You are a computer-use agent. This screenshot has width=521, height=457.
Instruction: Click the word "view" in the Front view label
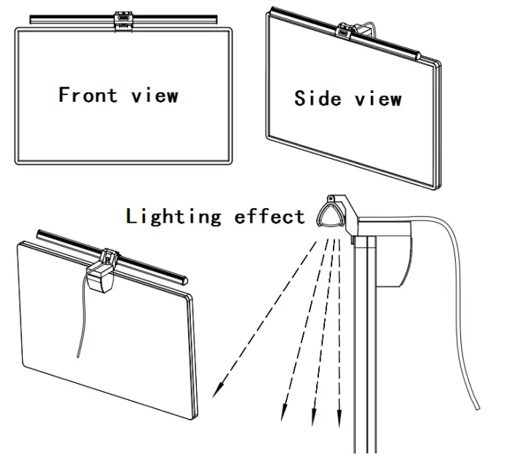(x=155, y=95)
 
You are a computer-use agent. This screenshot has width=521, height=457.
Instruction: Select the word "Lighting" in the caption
(x=173, y=216)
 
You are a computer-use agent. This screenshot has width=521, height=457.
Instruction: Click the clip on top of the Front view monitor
(x=122, y=21)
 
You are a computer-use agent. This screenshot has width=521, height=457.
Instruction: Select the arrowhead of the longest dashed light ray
(x=217, y=392)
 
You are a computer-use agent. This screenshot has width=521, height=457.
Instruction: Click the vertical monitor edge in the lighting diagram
(x=360, y=352)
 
